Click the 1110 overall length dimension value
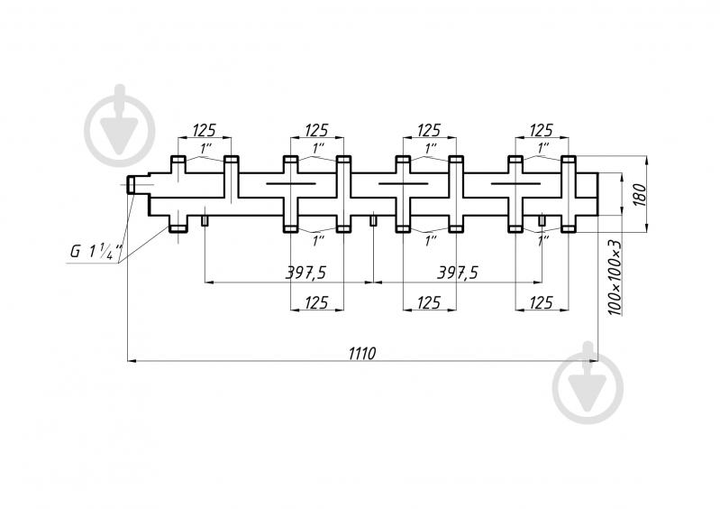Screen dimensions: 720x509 click(362, 353)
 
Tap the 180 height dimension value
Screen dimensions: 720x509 click(639, 195)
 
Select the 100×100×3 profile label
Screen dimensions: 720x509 click(615, 277)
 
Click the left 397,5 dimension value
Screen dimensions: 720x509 click(305, 273)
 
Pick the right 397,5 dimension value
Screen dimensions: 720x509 click(458, 273)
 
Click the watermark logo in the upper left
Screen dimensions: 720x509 click(119, 126)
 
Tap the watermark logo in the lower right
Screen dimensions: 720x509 click(588, 383)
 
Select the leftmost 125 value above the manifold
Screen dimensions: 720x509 click(204, 130)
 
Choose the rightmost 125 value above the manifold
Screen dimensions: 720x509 click(542, 130)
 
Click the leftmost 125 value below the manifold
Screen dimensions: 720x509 click(316, 302)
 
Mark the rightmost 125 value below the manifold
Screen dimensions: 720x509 click(541, 302)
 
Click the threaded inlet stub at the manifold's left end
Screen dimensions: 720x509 click(131, 185)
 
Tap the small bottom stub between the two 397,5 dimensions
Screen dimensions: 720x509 click(373, 221)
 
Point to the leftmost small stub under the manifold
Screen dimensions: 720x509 click(205, 221)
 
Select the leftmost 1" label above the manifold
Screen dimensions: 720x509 click(205, 149)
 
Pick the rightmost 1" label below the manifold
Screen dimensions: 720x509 click(543, 240)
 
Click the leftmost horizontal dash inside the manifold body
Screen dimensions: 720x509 click(291, 184)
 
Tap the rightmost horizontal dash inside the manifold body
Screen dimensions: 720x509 click(515, 184)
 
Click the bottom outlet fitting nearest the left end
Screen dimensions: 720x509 click(178, 228)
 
